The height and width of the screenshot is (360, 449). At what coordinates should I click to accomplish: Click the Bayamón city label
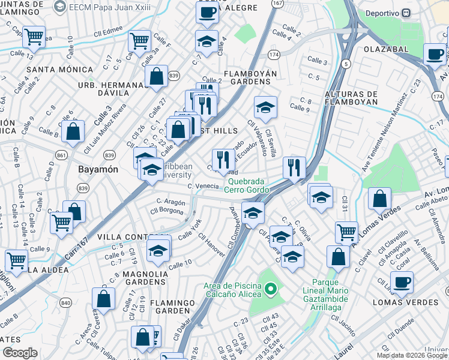pos(98,170)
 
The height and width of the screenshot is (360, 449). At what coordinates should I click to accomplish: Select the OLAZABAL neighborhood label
pos(384,49)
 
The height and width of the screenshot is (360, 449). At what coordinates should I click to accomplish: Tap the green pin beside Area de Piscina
pos(271,290)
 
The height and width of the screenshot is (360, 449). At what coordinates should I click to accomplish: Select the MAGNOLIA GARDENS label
pos(136,278)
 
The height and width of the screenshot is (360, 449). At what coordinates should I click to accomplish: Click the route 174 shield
pos(274,55)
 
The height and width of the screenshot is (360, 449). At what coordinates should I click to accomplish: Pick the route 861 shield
pos(61,155)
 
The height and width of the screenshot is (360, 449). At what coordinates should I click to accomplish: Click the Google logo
pos(20,353)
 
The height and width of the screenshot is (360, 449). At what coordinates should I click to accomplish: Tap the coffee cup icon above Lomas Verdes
pos(402,281)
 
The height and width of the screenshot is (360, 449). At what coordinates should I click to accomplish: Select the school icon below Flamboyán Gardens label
pos(265,107)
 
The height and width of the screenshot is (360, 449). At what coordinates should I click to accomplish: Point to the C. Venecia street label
pos(202,187)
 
